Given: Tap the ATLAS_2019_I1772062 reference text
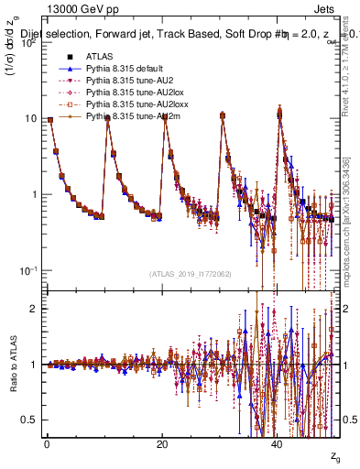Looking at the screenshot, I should [191, 274].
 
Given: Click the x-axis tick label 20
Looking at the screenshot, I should [162, 444].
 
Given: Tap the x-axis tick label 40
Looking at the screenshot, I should [278, 444].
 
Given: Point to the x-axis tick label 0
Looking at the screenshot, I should [47, 444].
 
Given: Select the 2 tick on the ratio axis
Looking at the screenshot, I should [36, 309].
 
